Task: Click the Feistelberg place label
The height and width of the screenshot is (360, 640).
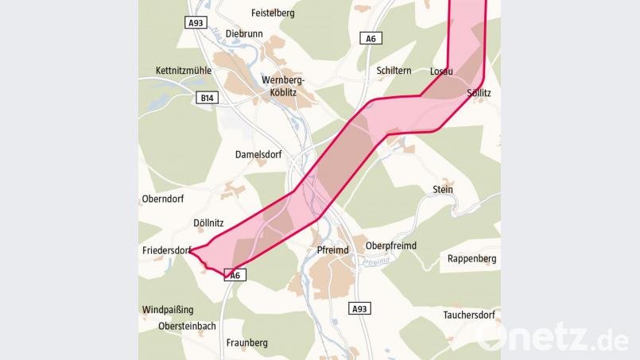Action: [273, 13]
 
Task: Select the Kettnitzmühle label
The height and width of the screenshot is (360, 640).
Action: [184, 71]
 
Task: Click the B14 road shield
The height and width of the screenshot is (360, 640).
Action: [207, 98]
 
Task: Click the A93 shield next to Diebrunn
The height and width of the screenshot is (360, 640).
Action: [196, 23]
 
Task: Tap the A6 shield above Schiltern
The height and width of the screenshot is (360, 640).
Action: [370, 38]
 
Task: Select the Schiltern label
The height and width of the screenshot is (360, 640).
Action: [394, 71]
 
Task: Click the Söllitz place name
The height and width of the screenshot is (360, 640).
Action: [479, 93]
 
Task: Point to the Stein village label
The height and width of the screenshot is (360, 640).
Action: [443, 189]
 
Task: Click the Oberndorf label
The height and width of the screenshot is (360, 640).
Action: [163, 199]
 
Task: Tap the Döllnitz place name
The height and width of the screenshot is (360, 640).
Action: [211, 223]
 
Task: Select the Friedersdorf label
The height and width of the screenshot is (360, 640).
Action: [165, 250]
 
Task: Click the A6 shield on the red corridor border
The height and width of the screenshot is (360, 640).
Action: [234, 275]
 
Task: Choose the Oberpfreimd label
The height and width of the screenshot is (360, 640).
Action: [391, 246]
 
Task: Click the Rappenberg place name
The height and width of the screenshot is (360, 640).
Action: [471, 258]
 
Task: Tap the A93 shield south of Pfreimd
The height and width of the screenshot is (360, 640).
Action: [359, 308]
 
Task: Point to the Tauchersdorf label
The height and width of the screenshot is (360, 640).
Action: [469, 315]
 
